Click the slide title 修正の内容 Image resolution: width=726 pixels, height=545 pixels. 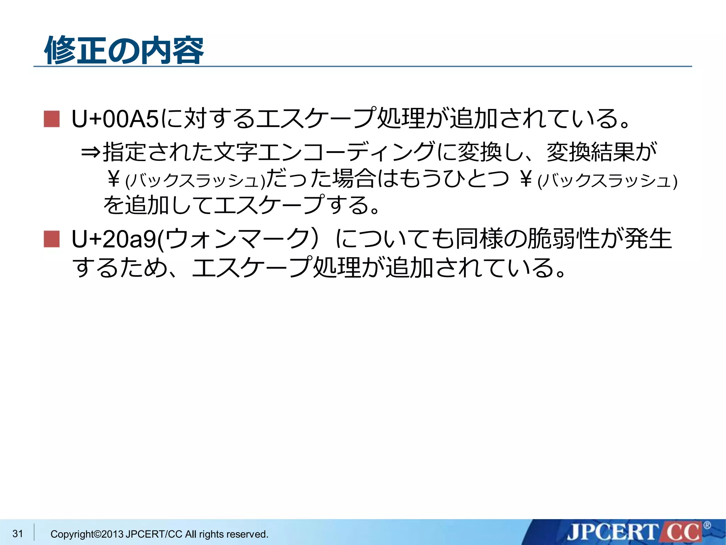[124, 51]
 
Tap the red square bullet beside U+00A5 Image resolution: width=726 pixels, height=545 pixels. [52, 119]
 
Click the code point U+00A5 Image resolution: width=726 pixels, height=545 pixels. [115, 119]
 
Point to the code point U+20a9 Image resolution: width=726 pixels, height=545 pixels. [114, 239]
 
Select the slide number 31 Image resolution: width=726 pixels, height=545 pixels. [18, 533]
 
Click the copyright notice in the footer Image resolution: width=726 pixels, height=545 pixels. [159, 534]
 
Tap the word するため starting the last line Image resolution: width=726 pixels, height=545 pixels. [119, 267]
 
